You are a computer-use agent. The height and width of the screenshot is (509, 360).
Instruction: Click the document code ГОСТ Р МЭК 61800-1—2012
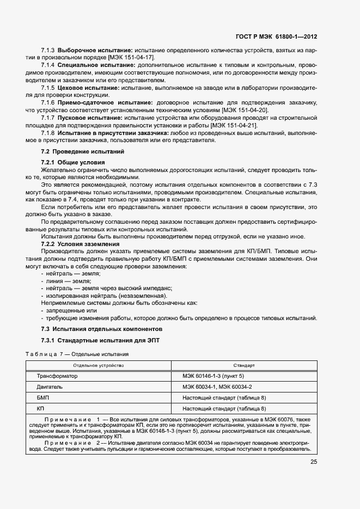[276, 37]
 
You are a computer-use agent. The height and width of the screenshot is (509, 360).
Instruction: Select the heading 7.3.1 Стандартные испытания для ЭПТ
[99, 341]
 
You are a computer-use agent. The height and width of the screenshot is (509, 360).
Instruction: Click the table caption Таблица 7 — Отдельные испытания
[77, 354]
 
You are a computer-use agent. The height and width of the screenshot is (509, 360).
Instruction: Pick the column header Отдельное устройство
[99, 365]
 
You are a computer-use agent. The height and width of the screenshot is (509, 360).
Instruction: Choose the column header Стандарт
[244, 365]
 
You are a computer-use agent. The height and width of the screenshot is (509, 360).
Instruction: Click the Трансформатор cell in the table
[57, 376]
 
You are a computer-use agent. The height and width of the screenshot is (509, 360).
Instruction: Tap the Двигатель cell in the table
[50, 387]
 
